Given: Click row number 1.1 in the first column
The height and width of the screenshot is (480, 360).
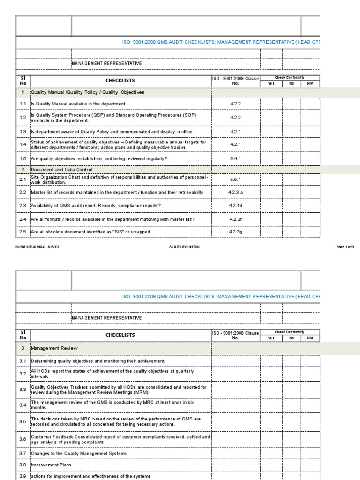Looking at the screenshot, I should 22,103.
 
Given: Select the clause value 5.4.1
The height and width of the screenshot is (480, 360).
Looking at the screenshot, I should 235,159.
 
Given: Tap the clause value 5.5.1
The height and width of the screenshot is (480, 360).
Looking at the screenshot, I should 235,179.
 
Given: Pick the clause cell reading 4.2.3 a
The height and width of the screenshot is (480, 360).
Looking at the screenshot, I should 235,192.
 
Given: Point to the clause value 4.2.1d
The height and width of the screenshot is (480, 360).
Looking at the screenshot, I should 235,205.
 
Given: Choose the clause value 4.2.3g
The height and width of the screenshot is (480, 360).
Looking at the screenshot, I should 235,232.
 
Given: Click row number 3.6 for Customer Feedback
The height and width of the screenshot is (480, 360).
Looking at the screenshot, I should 22,439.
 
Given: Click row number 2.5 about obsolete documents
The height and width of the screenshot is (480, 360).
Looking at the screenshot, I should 22,232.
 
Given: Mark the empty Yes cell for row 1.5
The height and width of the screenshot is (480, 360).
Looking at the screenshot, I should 271,159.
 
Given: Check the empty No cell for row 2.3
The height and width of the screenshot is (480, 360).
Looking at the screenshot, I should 291,205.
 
